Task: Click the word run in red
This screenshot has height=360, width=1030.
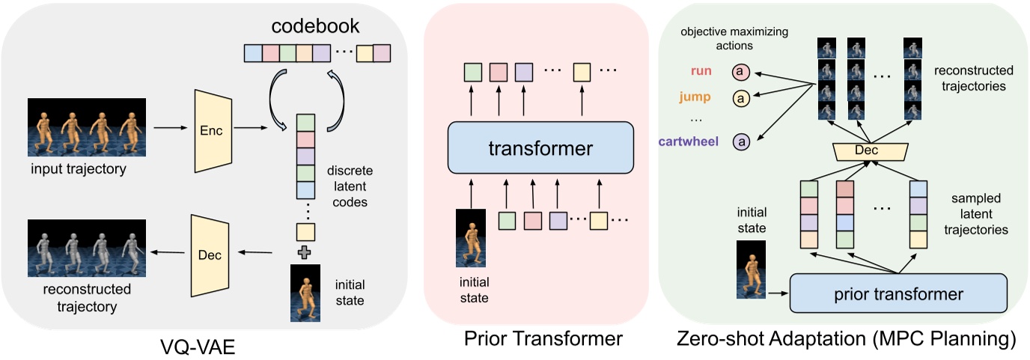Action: pos(700,72)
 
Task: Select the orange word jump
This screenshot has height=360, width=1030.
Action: pos(695,97)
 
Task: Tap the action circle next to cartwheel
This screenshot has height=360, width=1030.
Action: pos(742,140)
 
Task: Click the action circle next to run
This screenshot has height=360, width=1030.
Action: pos(741,72)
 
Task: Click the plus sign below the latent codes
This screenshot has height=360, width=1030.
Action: pos(305,252)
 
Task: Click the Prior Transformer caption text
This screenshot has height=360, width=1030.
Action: pos(542,339)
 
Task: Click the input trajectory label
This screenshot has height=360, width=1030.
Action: pos(79,169)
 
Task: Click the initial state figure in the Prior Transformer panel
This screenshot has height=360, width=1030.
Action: pos(470,239)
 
